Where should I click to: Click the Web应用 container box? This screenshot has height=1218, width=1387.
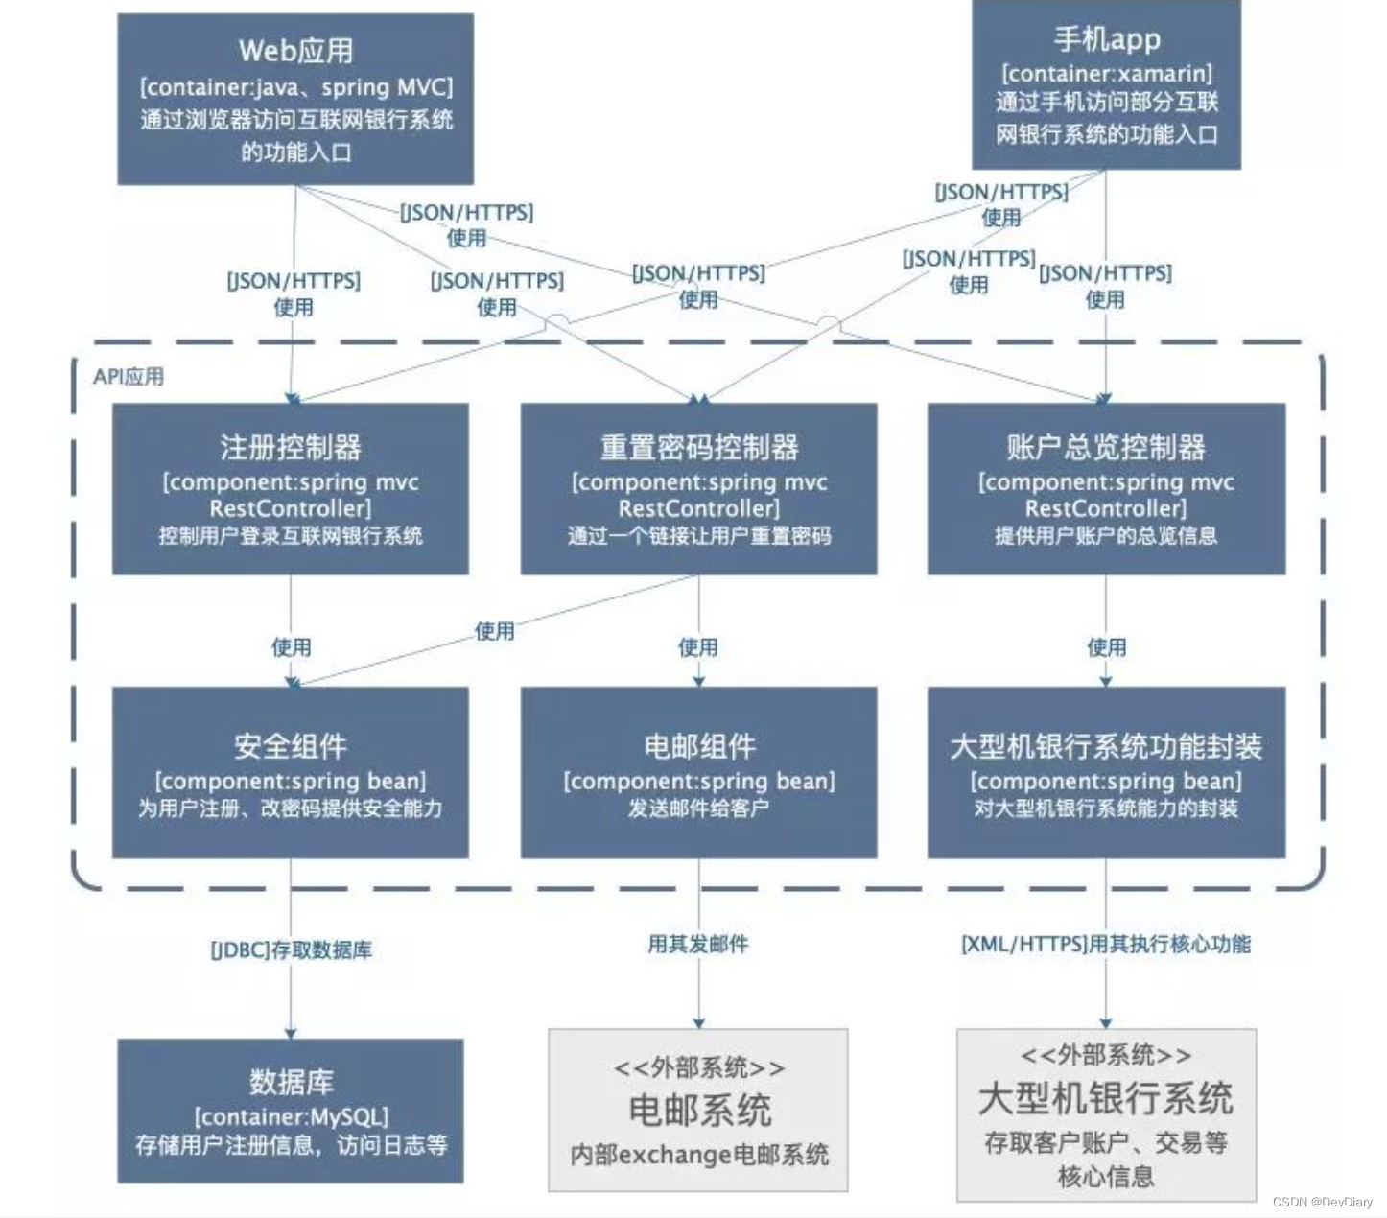(295, 100)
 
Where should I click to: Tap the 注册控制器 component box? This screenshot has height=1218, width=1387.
(291, 489)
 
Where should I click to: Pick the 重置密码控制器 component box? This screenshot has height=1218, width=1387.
(698, 489)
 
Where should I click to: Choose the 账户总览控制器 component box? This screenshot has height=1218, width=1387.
(1106, 489)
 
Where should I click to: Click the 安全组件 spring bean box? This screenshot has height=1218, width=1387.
(291, 772)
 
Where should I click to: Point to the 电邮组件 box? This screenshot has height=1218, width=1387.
(698, 772)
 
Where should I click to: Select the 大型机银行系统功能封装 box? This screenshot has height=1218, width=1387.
(1106, 772)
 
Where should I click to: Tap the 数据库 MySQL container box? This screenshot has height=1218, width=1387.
(291, 1111)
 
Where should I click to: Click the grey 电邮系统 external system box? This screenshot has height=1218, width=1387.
(698, 1111)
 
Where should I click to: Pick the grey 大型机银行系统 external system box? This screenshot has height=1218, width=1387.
(1106, 1114)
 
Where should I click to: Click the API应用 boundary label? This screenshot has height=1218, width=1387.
(129, 377)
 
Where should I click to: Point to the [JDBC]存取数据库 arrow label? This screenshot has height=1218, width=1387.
(292, 950)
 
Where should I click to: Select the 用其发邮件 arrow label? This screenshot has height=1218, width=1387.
(698, 945)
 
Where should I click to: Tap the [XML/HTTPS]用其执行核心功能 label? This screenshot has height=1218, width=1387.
(1106, 945)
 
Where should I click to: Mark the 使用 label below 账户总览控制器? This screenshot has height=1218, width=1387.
(1106, 647)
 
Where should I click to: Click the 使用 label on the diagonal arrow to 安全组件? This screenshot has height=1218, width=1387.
(495, 631)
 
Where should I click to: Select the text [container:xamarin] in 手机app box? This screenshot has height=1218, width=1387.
(1107, 74)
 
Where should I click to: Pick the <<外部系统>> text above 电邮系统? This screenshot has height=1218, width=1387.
(698, 1067)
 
